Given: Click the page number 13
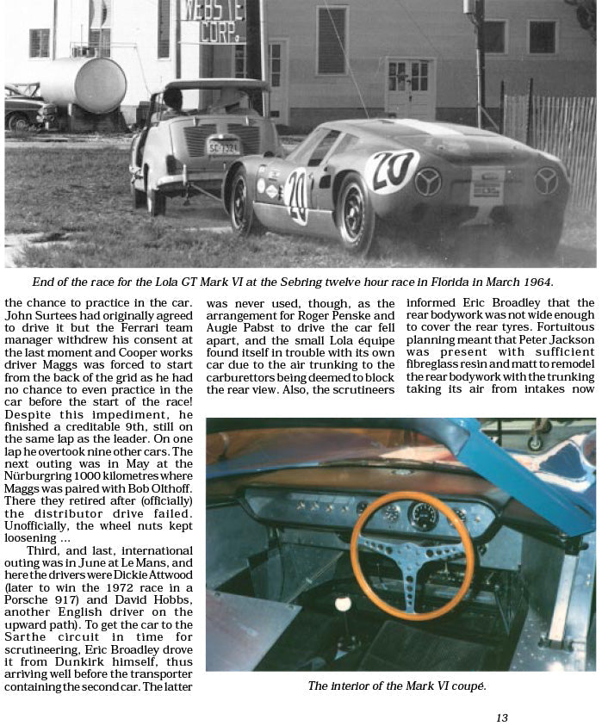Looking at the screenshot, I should point(502,717).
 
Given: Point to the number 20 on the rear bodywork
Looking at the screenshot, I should point(391,169).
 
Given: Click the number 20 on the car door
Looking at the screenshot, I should point(297,195).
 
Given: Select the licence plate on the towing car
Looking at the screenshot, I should point(223,147).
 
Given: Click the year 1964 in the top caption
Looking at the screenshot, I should point(534,282).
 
